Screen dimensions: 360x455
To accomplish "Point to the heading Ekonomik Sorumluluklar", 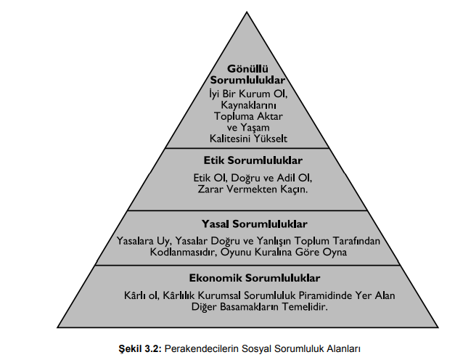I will pyautogui.click(x=255, y=278).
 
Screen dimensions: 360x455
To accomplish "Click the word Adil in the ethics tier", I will pyautogui.click(x=284, y=177).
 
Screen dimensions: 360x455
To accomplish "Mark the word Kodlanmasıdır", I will pyautogui.click(x=181, y=252).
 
